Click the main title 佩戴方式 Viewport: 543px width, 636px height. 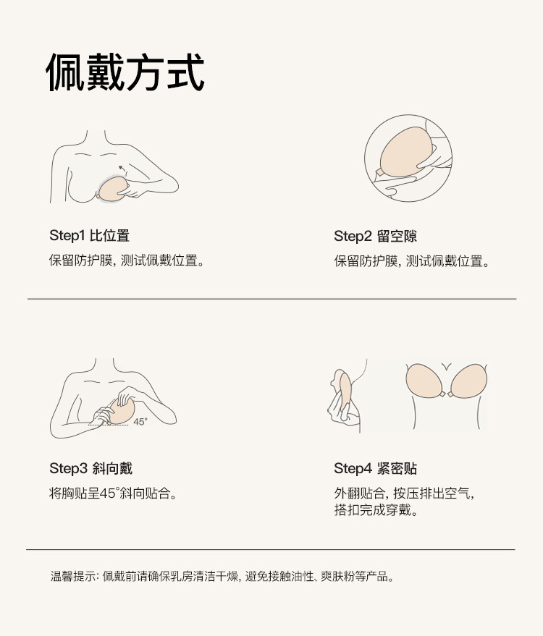(125, 72)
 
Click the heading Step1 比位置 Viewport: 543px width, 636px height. (89, 236)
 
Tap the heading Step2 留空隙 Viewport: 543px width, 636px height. (375, 236)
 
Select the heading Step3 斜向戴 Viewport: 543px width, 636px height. (91, 468)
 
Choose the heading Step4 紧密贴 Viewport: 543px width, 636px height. (375, 468)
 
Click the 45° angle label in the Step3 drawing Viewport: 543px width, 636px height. (140, 422)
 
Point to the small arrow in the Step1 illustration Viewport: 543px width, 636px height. (122, 169)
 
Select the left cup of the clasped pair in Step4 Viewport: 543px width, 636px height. (424, 380)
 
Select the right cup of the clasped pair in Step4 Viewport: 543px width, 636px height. (468, 381)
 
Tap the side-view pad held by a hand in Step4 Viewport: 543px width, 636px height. (345, 392)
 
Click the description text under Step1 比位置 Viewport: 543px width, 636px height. (127, 260)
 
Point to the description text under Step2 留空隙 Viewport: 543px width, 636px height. (411, 261)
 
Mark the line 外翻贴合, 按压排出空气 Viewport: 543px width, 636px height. (404, 493)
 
